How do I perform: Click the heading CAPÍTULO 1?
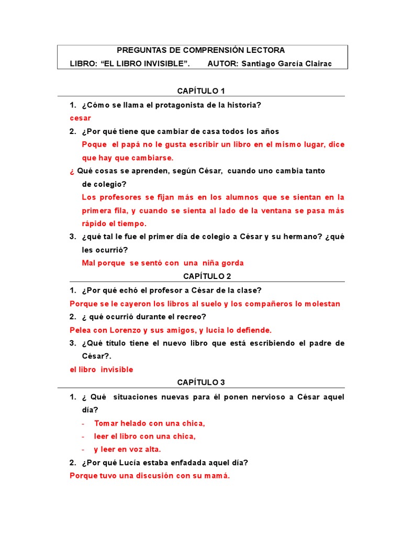200,91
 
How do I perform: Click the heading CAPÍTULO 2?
200,276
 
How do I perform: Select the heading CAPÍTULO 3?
200,383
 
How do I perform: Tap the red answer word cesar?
80,118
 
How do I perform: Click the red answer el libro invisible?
102,370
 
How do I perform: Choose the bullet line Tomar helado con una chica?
149,423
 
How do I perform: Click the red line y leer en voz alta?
127,449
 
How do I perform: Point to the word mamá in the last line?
218,476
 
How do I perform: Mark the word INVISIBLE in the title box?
160,64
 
